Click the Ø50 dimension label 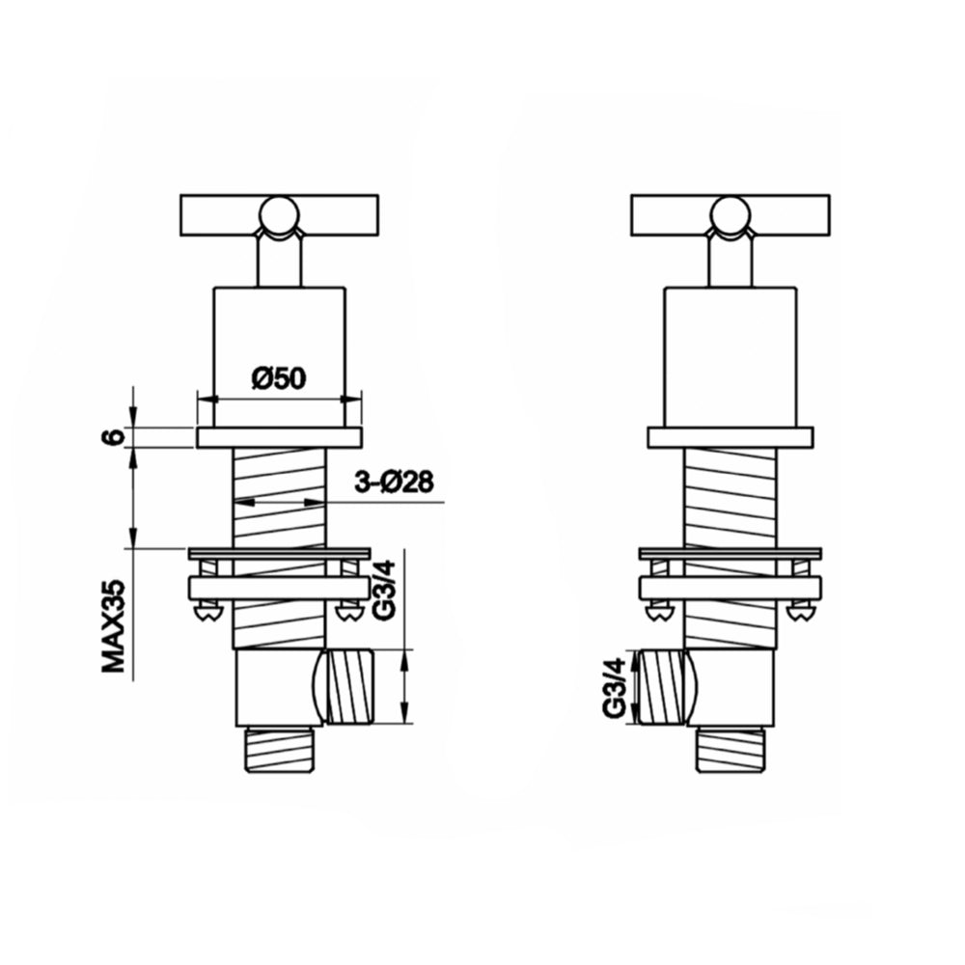pyautogui.click(x=279, y=379)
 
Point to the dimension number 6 pyautogui.click(x=115, y=436)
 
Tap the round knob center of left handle pyautogui.click(x=279, y=213)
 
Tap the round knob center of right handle pyautogui.click(x=729, y=213)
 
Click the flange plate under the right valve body pyautogui.click(x=731, y=437)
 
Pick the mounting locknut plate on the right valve pyautogui.click(x=731, y=587)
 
